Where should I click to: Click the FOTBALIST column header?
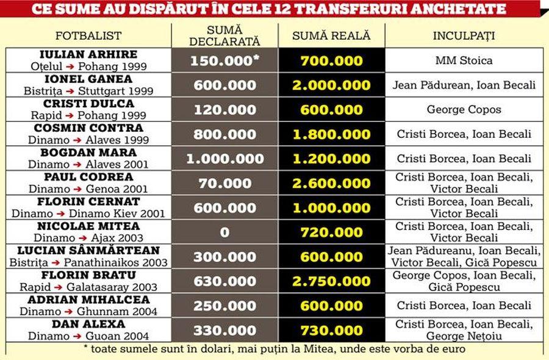[88, 36]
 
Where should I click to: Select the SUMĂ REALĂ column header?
[331, 36]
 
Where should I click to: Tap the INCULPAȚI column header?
[464, 36]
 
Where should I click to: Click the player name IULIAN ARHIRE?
[88, 55]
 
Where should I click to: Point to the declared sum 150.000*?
[224, 61]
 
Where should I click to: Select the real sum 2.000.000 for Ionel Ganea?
[331, 85]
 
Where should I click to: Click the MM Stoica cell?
[464, 60]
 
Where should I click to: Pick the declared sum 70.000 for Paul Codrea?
[224, 184]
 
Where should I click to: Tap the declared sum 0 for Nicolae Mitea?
[224, 232]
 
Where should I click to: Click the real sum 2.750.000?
[331, 281]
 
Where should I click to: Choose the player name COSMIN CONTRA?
[88, 128]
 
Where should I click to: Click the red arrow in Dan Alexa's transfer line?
[77, 337]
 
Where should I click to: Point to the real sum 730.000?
[331, 331]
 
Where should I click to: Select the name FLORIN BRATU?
[88, 275]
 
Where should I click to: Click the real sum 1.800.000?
[331, 134]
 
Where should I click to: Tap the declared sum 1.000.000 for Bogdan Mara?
[224, 159]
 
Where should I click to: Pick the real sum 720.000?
[331, 232]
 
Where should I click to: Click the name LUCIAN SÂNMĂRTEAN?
[88, 250]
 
